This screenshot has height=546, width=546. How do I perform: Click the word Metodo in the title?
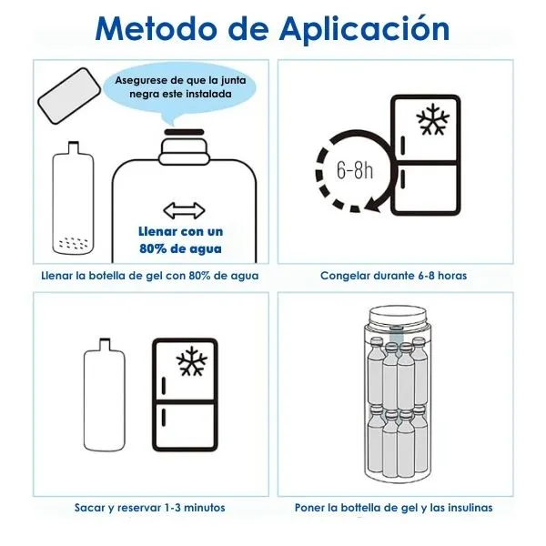[x=156, y=29]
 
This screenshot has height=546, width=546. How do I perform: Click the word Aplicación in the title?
[x=365, y=30]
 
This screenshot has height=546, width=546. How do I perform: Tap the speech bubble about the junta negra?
[x=180, y=90]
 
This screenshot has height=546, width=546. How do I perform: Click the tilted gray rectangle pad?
[x=69, y=96]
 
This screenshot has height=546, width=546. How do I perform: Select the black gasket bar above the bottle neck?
[x=184, y=132]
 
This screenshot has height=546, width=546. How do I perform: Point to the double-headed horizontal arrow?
[x=184, y=211]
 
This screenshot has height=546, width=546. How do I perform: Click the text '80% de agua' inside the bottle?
[x=180, y=248]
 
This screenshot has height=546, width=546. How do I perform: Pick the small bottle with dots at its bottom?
[x=73, y=197]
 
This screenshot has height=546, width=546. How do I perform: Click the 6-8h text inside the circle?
[x=355, y=170]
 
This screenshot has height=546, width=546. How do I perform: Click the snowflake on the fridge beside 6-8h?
[x=433, y=118]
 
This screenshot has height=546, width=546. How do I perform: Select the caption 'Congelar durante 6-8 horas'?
[x=393, y=276]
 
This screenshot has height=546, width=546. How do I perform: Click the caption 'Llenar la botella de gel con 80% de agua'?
[x=150, y=276]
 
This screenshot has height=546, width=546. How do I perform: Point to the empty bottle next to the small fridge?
[x=105, y=395]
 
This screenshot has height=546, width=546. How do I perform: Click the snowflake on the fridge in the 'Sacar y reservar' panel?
[x=192, y=361]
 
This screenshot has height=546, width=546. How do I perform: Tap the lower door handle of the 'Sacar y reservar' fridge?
[x=164, y=417]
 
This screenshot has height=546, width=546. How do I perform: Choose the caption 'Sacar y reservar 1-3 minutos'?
[x=150, y=508]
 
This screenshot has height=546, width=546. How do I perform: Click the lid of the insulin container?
[x=398, y=316]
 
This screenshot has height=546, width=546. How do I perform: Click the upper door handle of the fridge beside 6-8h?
[x=403, y=146]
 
